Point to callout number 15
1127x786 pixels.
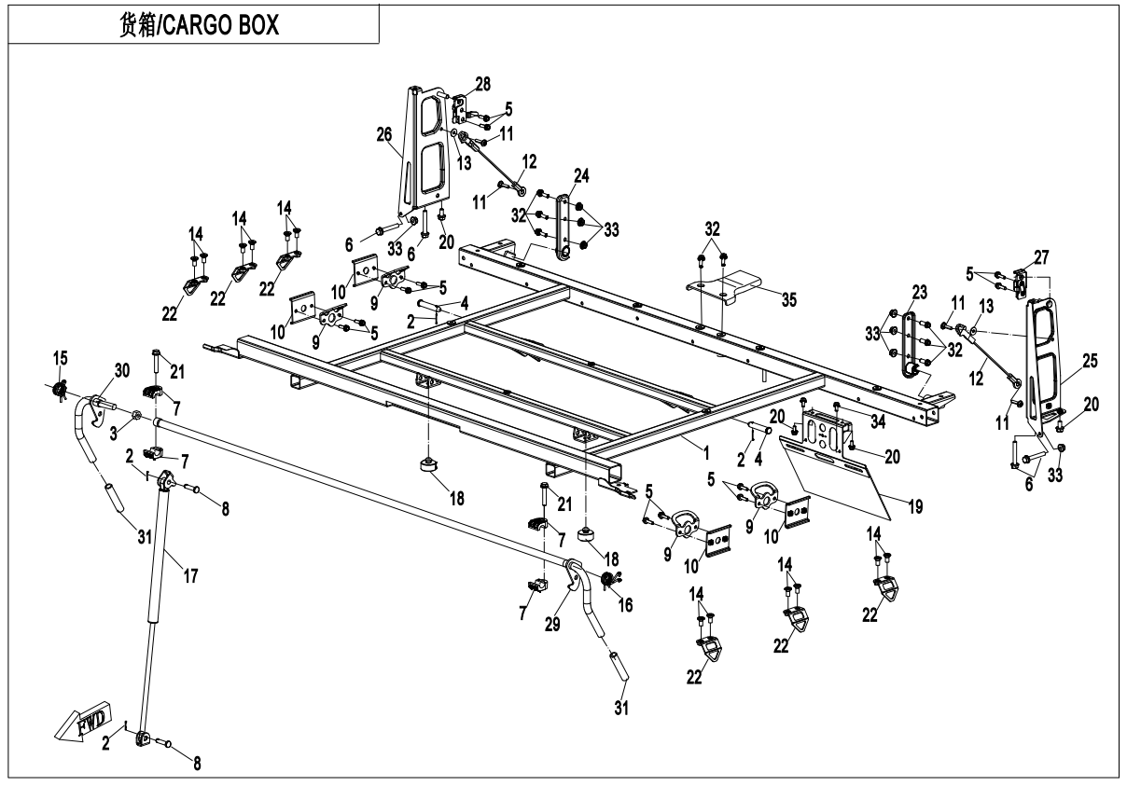[60, 359]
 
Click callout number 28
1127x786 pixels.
[482, 86]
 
